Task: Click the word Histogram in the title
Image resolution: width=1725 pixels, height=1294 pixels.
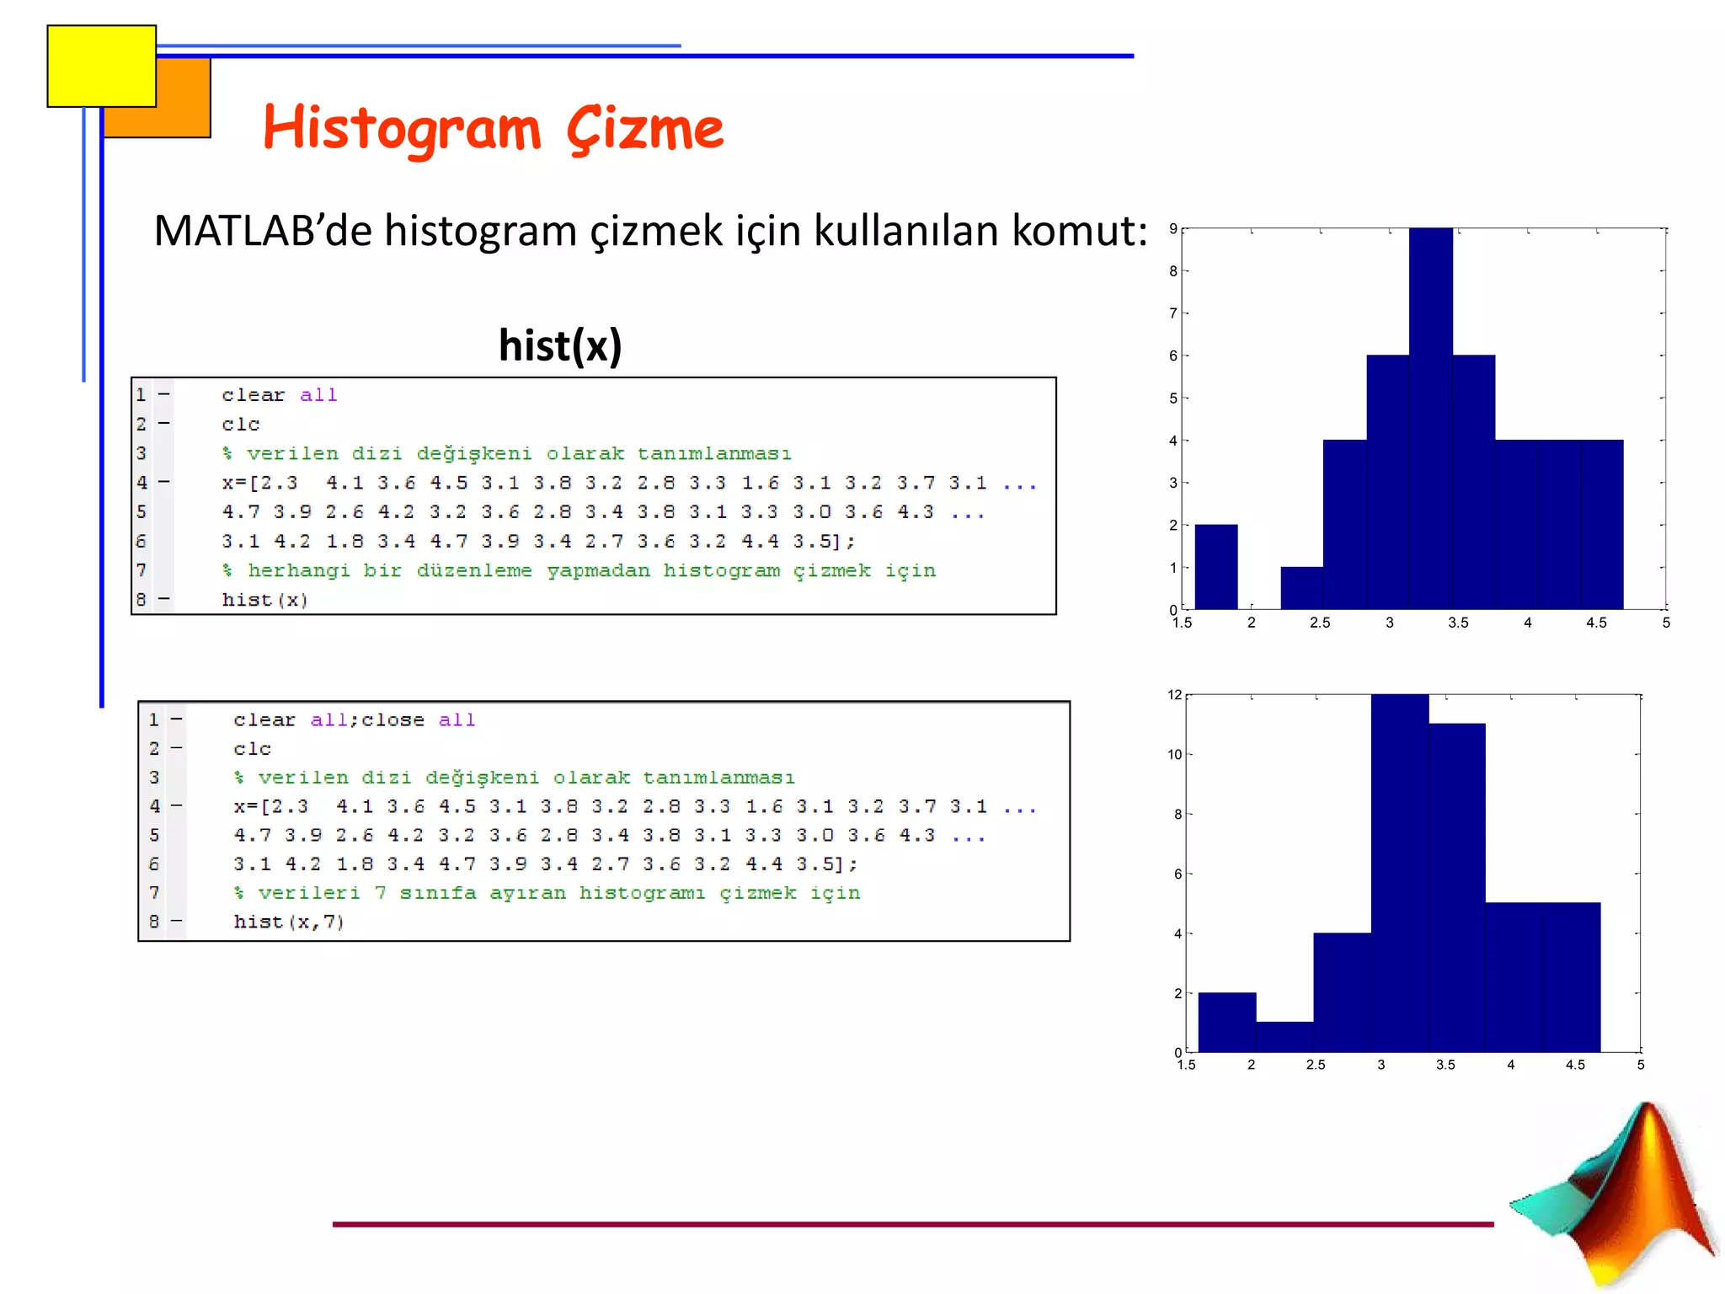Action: pos(402,129)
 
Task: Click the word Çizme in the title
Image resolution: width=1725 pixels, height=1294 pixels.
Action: pos(644,129)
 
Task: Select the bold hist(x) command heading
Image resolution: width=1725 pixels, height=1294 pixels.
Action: pos(560,345)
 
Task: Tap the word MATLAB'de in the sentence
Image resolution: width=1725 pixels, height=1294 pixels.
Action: pos(262,231)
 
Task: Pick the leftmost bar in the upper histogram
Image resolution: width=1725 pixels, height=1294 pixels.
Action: pos(1216,566)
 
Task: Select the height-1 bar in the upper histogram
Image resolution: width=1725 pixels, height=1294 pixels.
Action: pos(1301,588)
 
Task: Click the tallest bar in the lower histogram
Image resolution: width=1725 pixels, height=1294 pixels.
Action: pos(1399,873)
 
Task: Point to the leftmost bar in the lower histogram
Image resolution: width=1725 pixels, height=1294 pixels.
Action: pos(1226,1022)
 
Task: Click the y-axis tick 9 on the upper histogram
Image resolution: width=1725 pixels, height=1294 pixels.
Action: pos(1172,229)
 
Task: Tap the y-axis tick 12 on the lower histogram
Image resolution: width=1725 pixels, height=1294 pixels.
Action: pos(1174,695)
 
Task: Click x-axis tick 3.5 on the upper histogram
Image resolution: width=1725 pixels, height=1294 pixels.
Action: pos(1458,623)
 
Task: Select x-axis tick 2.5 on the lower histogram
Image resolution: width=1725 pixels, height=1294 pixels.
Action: pos(1316,1065)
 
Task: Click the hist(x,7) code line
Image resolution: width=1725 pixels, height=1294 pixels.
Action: pos(288,922)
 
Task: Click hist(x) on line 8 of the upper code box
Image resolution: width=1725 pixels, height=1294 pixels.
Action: pos(264,600)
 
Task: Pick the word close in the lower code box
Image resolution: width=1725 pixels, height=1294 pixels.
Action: pos(393,720)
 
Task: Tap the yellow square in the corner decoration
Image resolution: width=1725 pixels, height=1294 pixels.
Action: pos(101,66)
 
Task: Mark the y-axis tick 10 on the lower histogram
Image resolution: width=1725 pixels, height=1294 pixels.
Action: pos(1174,755)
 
